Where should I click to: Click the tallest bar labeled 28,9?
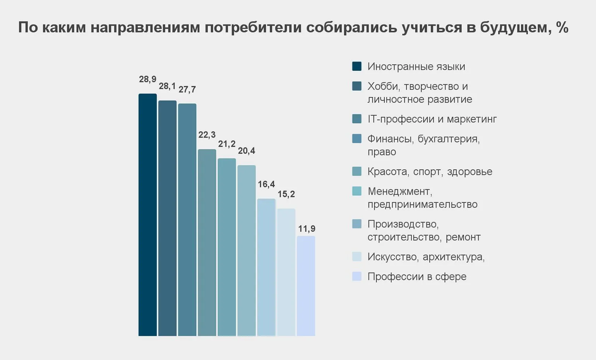[147, 215]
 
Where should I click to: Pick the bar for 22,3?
[207, 242]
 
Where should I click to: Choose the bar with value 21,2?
[227, 247]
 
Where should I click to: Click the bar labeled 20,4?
[247, 250]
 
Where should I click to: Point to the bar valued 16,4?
[266, 267]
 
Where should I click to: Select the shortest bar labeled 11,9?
[306, 286]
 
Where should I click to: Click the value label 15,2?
[286, 194]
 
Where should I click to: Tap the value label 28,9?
[147, 79]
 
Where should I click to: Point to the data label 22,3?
[207, 135]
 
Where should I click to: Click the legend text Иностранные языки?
[416, 67]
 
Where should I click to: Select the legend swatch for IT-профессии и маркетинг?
[357, 119]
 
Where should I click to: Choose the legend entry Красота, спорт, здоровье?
[430, 171]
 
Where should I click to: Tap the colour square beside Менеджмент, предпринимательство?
[357, 191]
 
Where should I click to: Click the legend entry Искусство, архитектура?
[426, 257]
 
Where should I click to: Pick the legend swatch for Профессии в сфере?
[357, 276]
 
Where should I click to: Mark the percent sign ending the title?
[562, 27]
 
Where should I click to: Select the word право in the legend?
[382, 152]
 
